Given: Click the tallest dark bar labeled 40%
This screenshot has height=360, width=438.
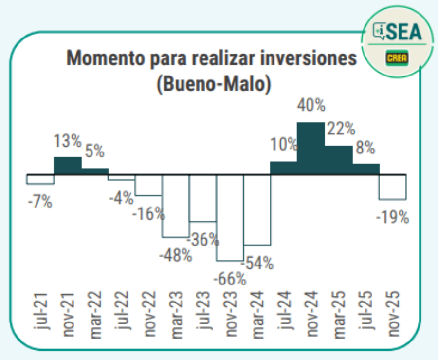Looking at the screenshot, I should (310, 148).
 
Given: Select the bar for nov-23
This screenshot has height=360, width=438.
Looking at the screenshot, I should (230, 217).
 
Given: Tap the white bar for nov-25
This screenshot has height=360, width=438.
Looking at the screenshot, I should (393, 187).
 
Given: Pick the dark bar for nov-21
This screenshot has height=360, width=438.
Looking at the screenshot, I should (67, 166).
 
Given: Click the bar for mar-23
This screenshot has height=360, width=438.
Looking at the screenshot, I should (176, 206).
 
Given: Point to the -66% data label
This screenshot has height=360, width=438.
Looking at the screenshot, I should (229, 280).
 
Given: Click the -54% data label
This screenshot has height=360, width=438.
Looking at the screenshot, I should (257, 263).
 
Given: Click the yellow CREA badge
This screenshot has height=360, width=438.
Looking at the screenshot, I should (397, 58).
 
